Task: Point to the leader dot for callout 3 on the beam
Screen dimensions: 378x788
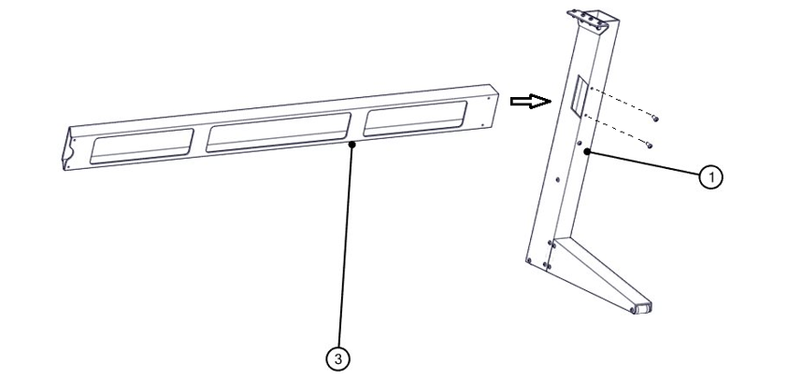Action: coord(350,145)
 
